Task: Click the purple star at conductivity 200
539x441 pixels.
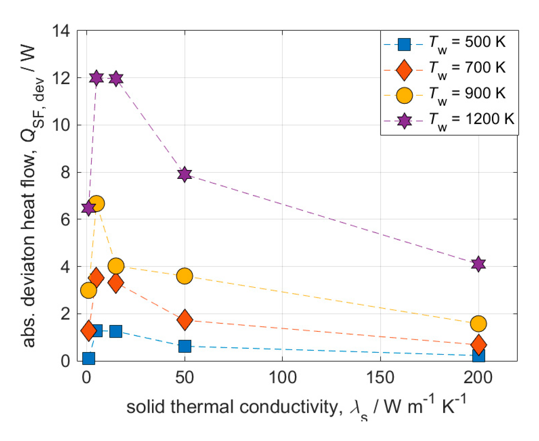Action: click(478, 264)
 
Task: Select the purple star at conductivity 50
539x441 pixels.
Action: click(184, 174)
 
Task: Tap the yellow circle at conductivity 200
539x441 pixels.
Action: click(478, 324)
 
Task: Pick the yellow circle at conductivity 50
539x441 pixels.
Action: click(184, 276)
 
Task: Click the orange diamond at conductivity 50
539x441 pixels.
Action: click(185, 319)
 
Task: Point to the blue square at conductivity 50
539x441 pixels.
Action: click(185, 346)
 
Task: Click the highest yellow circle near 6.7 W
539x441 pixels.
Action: click(96, 203)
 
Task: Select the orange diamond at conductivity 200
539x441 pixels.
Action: click(478, 344)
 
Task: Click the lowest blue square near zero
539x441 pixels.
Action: click(89, 358)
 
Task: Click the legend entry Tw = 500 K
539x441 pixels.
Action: click(467, 43)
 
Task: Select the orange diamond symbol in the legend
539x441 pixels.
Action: click(404, 70)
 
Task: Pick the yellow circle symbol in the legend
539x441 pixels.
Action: click(404, 95)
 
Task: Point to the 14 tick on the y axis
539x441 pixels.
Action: click(61, 31)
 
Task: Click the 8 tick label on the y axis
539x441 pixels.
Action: click(65, 172)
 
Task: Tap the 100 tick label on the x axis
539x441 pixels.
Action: click(282, 378)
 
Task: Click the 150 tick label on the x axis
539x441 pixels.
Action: click(380, 378)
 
